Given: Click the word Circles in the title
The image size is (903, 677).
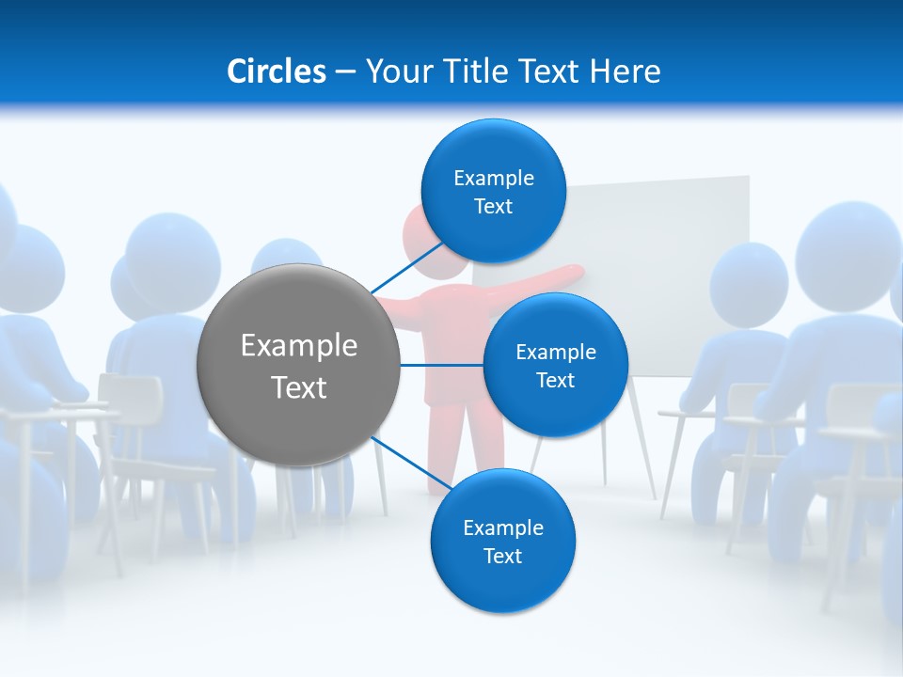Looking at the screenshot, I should point(276,71).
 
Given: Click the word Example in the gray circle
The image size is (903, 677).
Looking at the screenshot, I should point(299,345).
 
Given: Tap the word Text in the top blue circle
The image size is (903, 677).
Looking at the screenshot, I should point(493,207).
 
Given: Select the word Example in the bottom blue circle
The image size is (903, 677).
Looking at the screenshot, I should point(502,527).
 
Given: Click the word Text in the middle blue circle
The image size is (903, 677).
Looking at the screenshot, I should point(555,381).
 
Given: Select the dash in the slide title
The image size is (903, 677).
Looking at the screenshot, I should point(345,71).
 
